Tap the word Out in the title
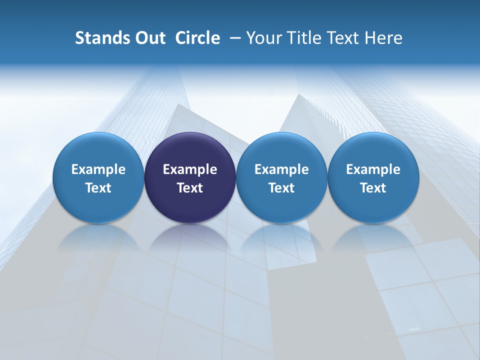pos(148,38)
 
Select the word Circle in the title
pos(197,38)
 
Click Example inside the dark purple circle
pos(190,169)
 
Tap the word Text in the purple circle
pos(190,188)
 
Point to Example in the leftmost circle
pos(98,169)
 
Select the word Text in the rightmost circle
pos(373,188)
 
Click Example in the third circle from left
pos(281,169)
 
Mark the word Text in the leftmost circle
pos(98,188)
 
